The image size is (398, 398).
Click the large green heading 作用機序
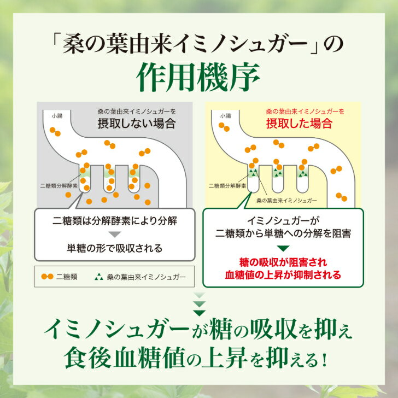(198, 77)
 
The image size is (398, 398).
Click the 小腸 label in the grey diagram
(57, 116)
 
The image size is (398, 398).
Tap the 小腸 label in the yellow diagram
(226, 116)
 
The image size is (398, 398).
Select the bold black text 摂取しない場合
(137, 124)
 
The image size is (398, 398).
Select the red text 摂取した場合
(299, 124)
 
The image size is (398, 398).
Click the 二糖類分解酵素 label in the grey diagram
(59, 186)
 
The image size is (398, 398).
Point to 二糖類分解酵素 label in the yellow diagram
(227, 186)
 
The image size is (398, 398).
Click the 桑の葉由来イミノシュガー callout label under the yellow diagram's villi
(286, 201)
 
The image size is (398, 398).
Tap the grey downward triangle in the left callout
(115, 235)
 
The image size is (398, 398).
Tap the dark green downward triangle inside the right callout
(283, 248)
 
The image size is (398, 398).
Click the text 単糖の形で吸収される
(114, 248)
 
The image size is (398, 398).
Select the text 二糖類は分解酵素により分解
(115, 221)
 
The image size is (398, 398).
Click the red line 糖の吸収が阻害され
(283, 262)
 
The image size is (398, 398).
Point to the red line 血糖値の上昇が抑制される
(283, 275)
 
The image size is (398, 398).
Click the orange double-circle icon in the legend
(48, 277)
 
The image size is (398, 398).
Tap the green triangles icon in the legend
(99, 277)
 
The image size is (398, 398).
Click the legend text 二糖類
(67, 277)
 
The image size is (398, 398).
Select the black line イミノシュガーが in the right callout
(283, 221)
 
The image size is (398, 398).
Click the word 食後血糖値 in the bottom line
(124, 358)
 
